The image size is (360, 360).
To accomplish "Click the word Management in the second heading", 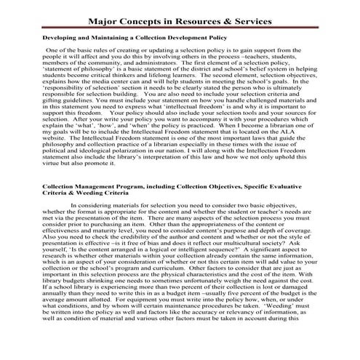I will click(x=95, y=187).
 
